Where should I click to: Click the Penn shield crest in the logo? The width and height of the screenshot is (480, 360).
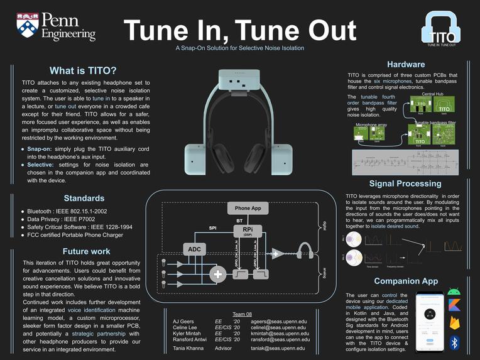27,26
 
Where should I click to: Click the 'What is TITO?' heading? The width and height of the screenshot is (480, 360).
83,70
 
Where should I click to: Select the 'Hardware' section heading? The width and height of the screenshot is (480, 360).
405,64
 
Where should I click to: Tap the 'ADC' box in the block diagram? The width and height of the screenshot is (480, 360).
194,249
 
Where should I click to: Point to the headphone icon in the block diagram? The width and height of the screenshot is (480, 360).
305,253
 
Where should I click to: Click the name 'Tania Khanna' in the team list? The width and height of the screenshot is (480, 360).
187,348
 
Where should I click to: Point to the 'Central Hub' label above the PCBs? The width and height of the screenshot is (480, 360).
432,94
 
